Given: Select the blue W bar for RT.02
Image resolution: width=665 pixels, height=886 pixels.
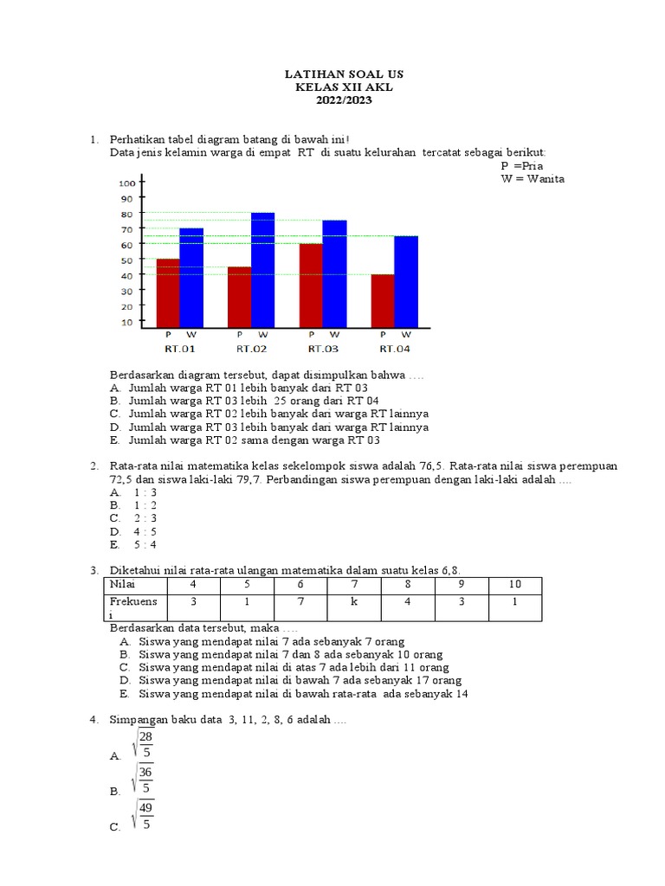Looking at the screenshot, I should [263, 269].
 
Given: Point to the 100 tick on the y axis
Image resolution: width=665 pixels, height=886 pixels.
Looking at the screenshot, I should [126, 183].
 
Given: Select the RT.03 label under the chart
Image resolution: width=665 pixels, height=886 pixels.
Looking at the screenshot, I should [323, 349].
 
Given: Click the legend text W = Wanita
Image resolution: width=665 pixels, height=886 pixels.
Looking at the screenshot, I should [532, 179].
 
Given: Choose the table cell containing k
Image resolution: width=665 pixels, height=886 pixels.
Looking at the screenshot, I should [354, 601].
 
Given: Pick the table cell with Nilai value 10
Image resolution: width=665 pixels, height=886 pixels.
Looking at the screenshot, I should [513, 586].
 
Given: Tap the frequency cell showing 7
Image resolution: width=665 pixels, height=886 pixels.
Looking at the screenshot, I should [300, 601].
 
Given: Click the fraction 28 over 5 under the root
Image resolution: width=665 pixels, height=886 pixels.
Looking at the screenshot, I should [145, 743].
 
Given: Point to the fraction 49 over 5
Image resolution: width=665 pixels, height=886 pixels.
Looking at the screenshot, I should [145, 816].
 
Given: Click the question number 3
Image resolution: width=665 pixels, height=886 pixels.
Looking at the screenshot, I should [93, 571].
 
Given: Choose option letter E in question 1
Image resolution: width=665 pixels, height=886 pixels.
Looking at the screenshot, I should [114, 440].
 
